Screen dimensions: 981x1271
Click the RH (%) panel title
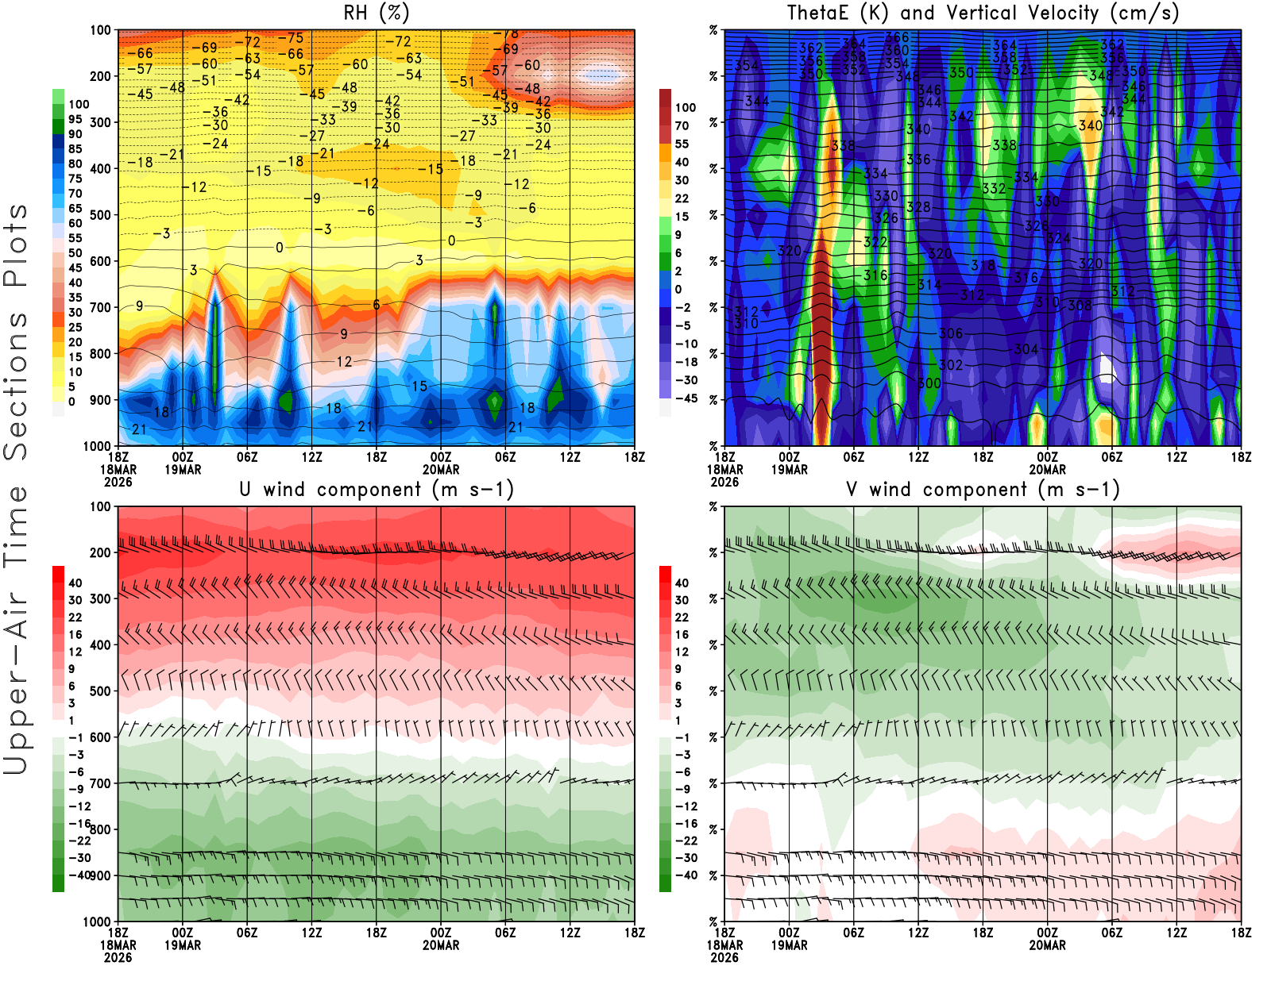[x=377, y=13]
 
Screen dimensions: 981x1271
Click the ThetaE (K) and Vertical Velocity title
[x=983, y=13]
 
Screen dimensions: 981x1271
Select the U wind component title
[x=377, y=490]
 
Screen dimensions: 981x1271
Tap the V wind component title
[x=983, y=490]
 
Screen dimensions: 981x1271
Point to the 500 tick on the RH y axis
[x=100, y=215]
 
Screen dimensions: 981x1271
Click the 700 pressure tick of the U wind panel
[x=100, y=783]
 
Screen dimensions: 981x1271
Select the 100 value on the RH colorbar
[x=79, y=104]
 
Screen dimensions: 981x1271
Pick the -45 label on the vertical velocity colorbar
[x=686, y=398]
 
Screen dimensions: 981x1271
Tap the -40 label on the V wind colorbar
[x=686, y=875]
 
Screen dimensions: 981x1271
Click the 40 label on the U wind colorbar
[x=75, y=583]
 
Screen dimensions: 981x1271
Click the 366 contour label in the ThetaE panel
[x=897, y=37]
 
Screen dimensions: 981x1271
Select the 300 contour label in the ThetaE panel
[x=929, y=383]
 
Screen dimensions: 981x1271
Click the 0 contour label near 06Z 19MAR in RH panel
[x=280, y=248]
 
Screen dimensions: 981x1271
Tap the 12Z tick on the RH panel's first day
[x=311, y=457]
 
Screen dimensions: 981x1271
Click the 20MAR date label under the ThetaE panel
[x=1047, y=470]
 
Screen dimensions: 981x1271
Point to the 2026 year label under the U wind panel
[x=118, y=957]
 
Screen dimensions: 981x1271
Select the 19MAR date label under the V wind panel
[x=789, y=945]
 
